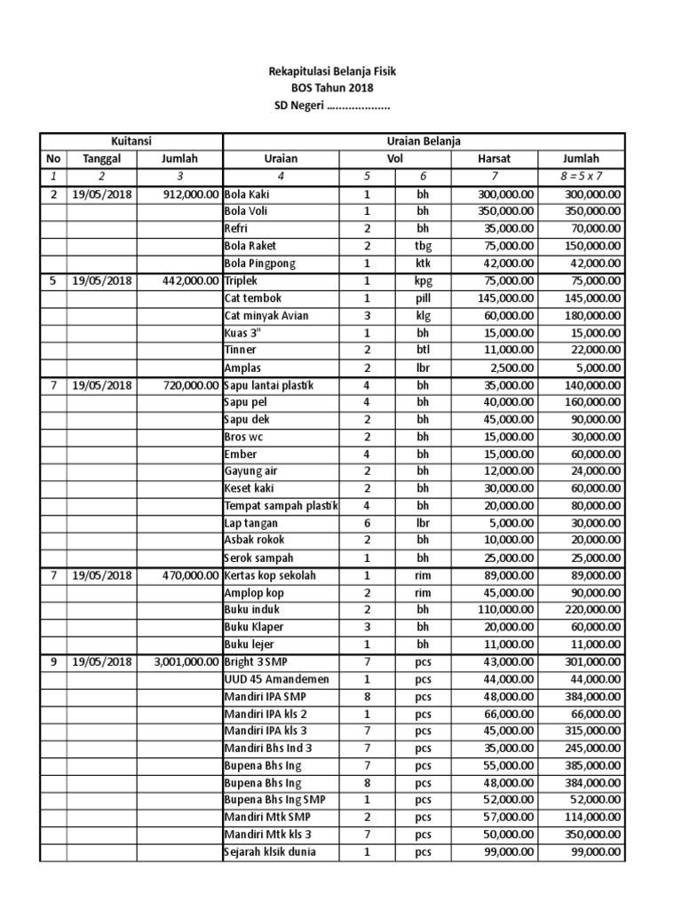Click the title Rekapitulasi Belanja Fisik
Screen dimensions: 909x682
tap(332, 70)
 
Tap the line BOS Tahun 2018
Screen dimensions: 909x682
tap(332, 88)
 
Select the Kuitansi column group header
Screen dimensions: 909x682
tap(131, 141)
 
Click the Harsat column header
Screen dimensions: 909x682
tap(495, 159)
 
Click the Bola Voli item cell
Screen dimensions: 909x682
tap(246, 211)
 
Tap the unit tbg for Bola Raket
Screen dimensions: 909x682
tap(423, 246)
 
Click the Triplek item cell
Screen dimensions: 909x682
tap(243, 281)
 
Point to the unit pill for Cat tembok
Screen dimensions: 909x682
tap(423, 298)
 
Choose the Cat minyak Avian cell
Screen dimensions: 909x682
tap(266, 315)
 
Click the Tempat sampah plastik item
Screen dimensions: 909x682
tap(281, 506)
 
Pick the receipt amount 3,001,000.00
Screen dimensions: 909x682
tap(180, 662)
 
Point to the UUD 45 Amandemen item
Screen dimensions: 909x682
tap(274, 679)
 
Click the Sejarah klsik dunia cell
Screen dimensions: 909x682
tap(270, 852)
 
